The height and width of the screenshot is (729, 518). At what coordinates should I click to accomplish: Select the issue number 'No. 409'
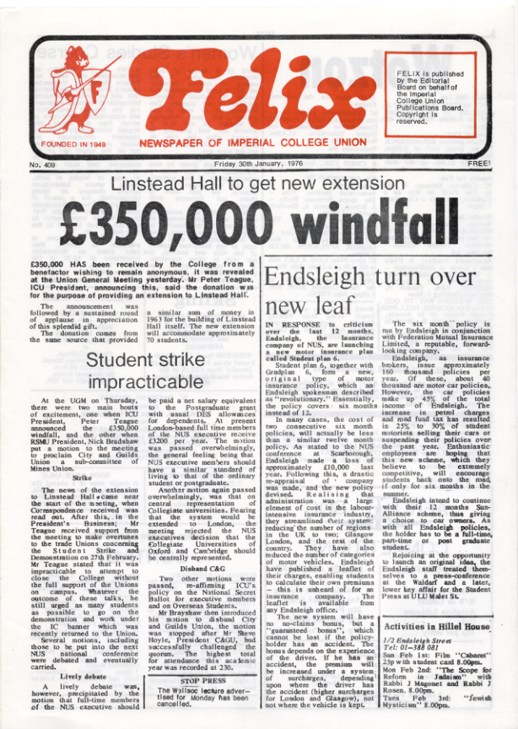46,165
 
